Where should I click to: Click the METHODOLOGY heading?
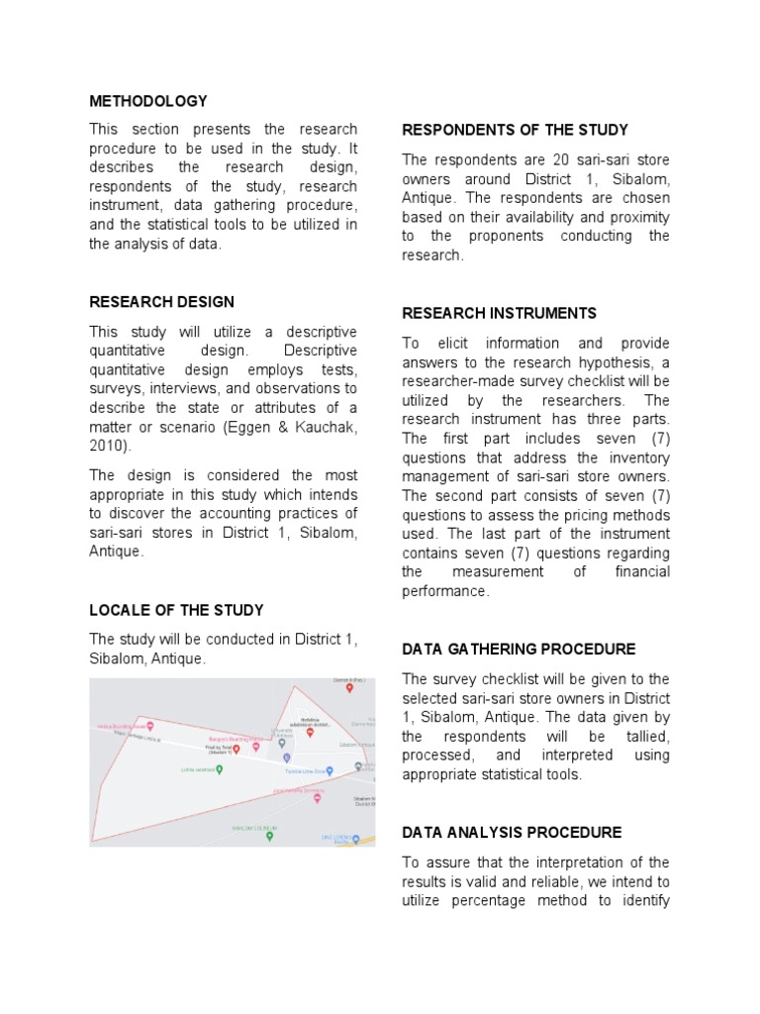pyautogui.click(x=148, y=101)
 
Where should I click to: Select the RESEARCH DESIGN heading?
pyautogui.click(x=162, y=302)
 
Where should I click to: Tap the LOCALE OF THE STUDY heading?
pyautogui.click(x=176, y=610)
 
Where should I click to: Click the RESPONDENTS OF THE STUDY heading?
pyautogui.click(x=515, y=130)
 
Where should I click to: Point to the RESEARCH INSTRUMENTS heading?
pyautogui.click(x=499, y=313)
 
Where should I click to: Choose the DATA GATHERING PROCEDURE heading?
pyautogui.click(x=519, y=649)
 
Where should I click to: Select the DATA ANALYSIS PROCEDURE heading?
pyautogui.click(x=512, y=832)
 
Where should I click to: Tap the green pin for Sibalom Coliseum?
pyautogui.click(x=269, y=836)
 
